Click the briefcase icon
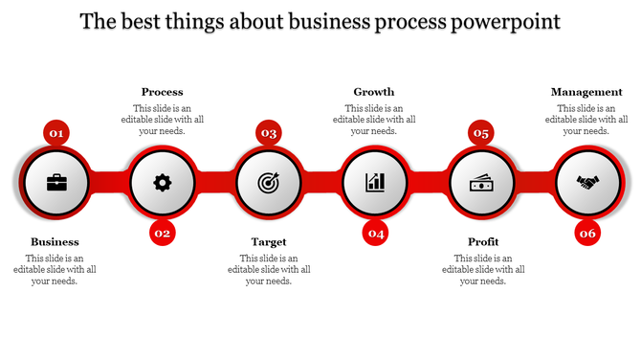(56, 182)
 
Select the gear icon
(163, 182)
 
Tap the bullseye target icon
(269, 182)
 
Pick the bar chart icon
(375, 182)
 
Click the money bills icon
(481, 182)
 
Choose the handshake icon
(587, 182)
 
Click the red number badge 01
(56, 133)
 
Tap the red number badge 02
(163, 233)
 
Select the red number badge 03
(269, 133)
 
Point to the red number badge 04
(375, 233)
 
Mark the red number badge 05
(481, 133)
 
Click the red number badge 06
(587, 233)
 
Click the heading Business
(55, 242)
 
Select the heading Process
(162, 92)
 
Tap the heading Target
(269, 242)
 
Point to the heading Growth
(374, 92)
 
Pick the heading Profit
(483, 242)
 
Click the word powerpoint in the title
(506, 21)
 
